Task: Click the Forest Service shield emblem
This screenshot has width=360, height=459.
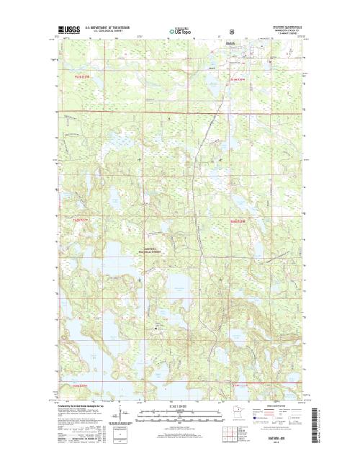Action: (231, 32)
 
